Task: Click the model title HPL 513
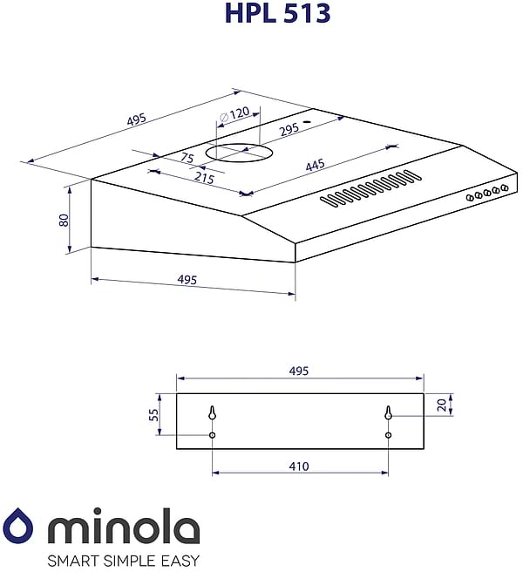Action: [276, 13]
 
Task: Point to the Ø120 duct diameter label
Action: [234, 113]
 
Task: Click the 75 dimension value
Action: [187, 158]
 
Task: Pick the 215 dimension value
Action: [204, 178]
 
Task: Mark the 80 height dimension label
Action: [64, 220]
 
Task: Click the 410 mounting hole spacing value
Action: [298, 466]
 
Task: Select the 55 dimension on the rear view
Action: [154, 415]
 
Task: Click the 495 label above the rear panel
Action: [298, 371]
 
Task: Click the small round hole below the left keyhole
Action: [212, 435]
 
